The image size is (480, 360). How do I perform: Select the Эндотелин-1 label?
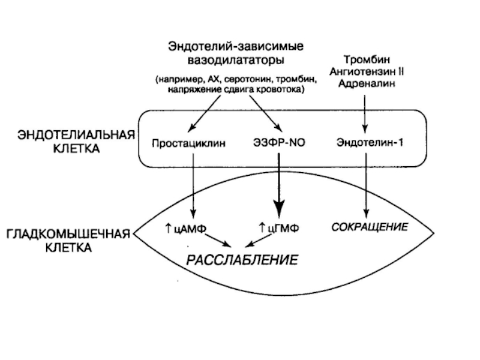[365, 143]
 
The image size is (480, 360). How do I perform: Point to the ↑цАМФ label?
[185, 229]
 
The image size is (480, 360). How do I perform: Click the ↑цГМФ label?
[278, 229]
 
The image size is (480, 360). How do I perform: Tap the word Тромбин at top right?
[365, 61]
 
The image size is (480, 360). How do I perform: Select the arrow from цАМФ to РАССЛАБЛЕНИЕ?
[216, 239]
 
